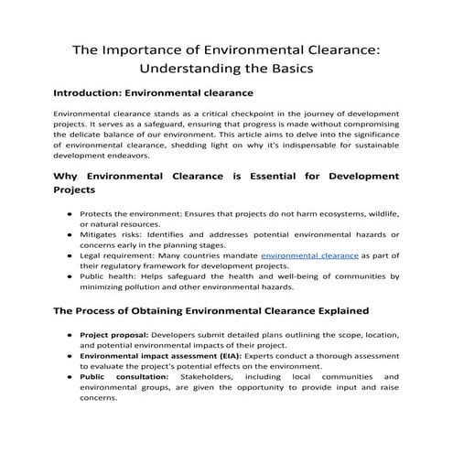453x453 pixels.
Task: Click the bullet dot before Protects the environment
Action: coord(70,213)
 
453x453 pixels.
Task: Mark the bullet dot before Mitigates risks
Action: coord(70,235)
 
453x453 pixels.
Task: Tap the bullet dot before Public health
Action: coord(70,275)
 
